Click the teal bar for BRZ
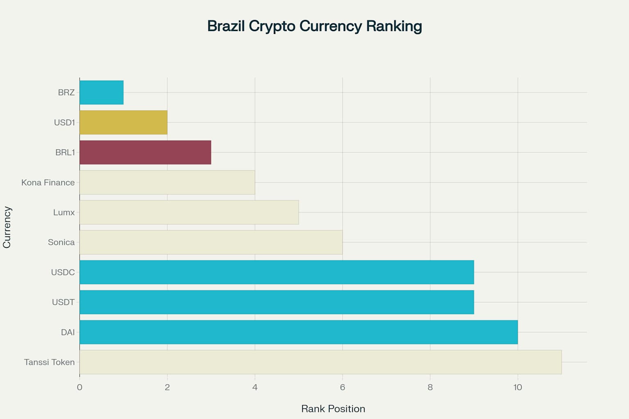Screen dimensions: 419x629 102,92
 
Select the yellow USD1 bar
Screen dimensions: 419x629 123,122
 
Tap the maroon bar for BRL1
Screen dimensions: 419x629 145,152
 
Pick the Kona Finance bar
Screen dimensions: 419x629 167,182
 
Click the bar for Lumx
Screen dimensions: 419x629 189,212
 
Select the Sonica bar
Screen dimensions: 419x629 211,242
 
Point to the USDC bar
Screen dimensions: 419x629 277,272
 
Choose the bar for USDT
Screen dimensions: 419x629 277,302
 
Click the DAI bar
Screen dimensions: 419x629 299,332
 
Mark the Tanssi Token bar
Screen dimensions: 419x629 321,362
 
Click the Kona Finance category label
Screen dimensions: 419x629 48,182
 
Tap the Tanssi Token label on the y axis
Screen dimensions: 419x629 49,362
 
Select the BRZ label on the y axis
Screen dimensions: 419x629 66,92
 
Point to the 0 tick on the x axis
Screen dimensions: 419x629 79,387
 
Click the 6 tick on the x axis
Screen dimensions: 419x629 342,387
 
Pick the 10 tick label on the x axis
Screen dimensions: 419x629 518,387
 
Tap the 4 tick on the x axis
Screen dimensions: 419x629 255,387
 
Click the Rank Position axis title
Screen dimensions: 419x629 333,409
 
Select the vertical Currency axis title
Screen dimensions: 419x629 7,227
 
